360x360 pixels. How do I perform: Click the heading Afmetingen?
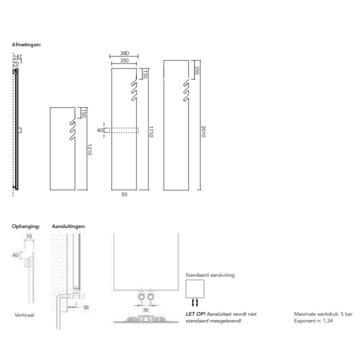[x=27, y=44]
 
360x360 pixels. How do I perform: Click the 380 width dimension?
[x=124, y=54]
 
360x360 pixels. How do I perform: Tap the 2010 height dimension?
[x=203, y=131]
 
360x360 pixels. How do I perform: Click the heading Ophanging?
[x=26, y=226]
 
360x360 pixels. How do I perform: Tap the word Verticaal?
[x=25, y=314]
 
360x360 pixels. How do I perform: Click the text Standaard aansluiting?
[x=210, y=274]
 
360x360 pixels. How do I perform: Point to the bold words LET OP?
[x=193, y=314]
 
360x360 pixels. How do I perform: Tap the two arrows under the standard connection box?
[x=194, y=302]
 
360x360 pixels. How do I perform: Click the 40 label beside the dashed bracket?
[x=100, y=131]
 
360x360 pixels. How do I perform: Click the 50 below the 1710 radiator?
[x=124, y=194]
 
